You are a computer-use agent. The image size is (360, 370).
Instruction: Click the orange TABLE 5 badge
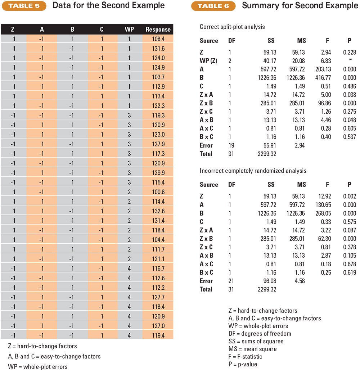click(24, 6)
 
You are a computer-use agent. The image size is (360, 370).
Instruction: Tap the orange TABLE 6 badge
click(213, 6)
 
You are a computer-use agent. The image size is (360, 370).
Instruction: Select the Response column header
click(158, 30)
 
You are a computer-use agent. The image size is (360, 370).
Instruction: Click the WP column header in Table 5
click(129, 30)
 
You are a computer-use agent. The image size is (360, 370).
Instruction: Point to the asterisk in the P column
click(350, 60)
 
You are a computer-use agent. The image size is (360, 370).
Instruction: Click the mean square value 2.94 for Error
click(300, 145)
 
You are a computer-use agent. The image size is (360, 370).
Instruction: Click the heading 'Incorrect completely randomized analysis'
click(253, 171)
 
